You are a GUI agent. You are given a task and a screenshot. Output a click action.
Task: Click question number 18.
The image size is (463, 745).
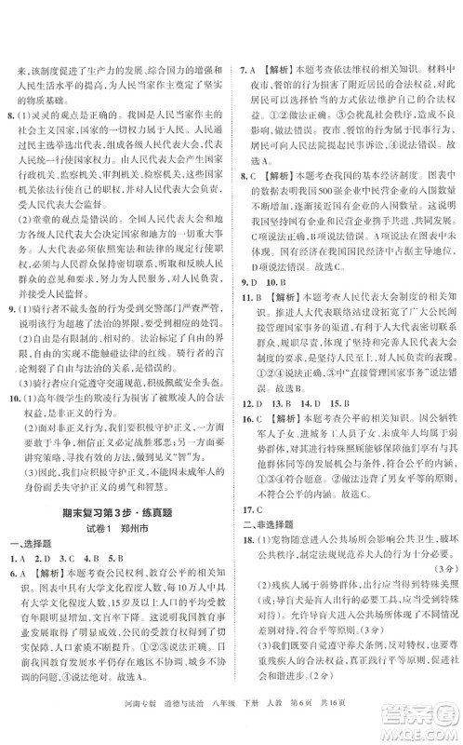pos(248,538)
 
